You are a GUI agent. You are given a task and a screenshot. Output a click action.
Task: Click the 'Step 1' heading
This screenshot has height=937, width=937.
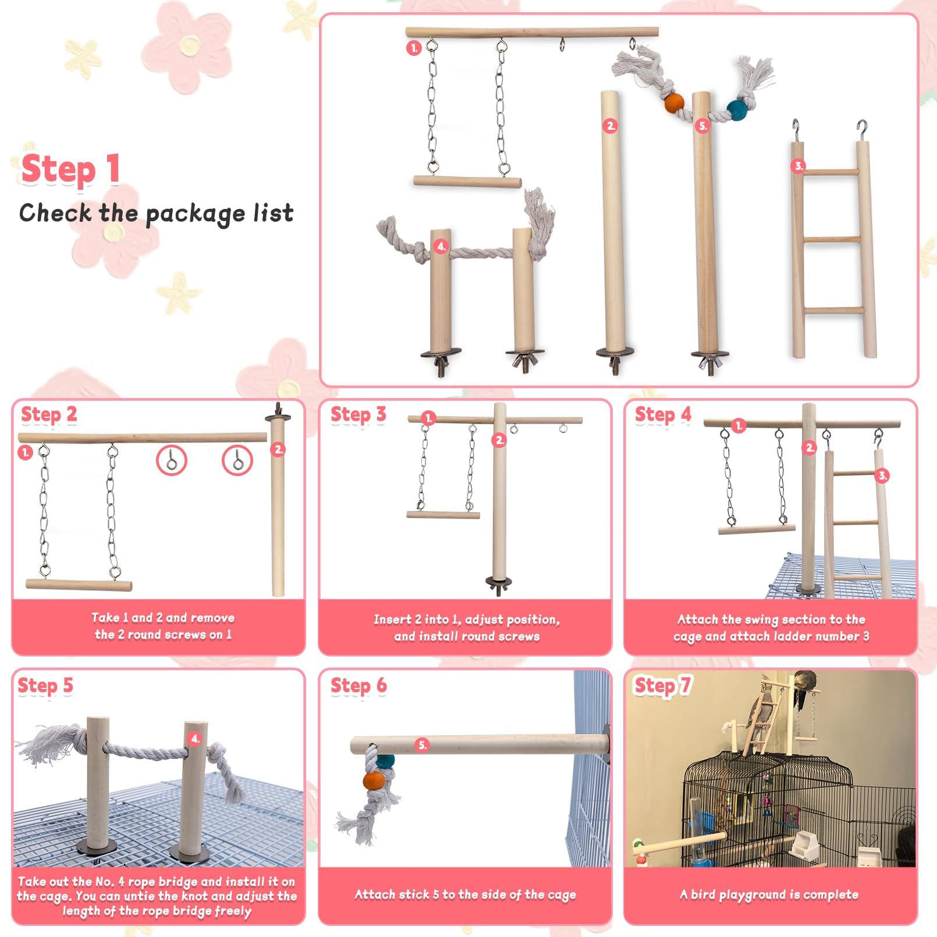click(70, 169)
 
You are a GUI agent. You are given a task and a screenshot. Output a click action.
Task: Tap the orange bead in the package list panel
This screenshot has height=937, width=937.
click(674, 103)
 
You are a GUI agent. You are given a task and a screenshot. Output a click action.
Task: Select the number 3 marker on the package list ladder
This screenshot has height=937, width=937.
click(798, 166)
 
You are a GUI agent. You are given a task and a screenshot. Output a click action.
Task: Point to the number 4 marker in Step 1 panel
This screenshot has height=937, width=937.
click(441, 246)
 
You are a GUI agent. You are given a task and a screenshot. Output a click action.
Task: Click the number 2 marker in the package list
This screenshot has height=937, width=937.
click(610, 126)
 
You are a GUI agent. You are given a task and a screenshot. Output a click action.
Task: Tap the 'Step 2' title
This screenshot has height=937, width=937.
click(49, 414)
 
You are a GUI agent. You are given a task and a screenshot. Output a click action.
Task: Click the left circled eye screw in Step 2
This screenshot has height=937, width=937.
click(172, 461)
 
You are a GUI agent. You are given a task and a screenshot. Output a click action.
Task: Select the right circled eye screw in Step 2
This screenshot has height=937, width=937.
click(237, 462)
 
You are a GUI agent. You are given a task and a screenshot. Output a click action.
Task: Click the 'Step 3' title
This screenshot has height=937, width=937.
click(358, 414)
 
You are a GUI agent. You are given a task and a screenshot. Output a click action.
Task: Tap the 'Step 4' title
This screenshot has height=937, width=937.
click(663, 414)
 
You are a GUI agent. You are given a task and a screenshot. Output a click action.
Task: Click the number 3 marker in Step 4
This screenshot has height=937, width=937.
click(882, 475)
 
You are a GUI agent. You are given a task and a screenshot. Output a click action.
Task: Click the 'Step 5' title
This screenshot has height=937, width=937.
click(45, 686)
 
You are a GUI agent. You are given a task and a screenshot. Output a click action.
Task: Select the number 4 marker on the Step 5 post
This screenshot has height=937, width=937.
click(195, 739)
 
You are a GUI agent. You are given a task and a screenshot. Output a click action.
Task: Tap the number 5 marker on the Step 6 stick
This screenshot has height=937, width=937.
click(423, 744)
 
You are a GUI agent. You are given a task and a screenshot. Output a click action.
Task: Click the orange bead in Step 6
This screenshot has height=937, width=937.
click(372, 780)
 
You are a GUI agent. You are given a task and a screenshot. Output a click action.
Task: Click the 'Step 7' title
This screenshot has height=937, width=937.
click(662, 686)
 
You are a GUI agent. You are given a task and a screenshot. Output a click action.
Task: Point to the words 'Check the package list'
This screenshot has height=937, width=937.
click(156, 213)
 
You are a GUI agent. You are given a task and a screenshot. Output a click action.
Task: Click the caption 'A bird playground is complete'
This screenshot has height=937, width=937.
click(769, 895)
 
